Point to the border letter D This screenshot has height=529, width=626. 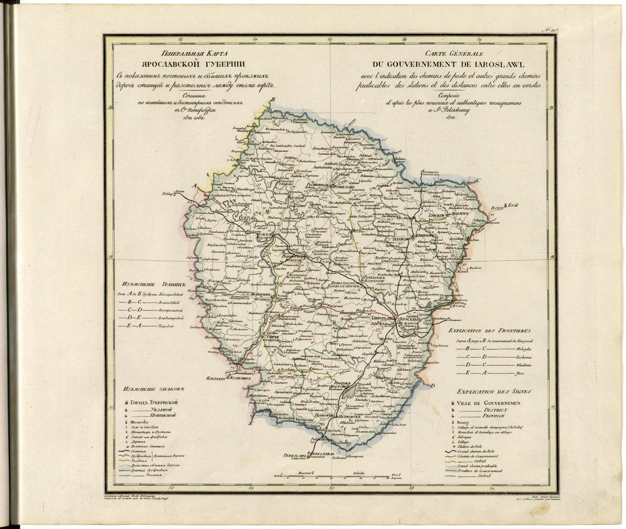click(433, 386)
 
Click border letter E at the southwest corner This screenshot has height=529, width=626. click(250, 424)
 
